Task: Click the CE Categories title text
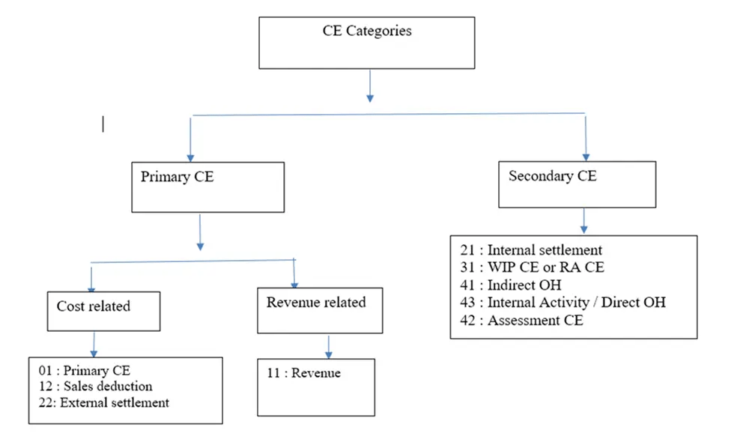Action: (x=366, y=31)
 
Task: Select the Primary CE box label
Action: (x=177, y=178)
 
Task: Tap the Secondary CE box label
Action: (x=552, y=177)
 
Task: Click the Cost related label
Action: (x=93, y=306)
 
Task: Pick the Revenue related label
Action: (x=315, y=303)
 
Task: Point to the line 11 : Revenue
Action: (x=303, y=373)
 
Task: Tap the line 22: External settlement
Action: (x=103, y=402)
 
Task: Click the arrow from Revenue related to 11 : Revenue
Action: (x=328, y=345)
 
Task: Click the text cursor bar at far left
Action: (x=103, y=124)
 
